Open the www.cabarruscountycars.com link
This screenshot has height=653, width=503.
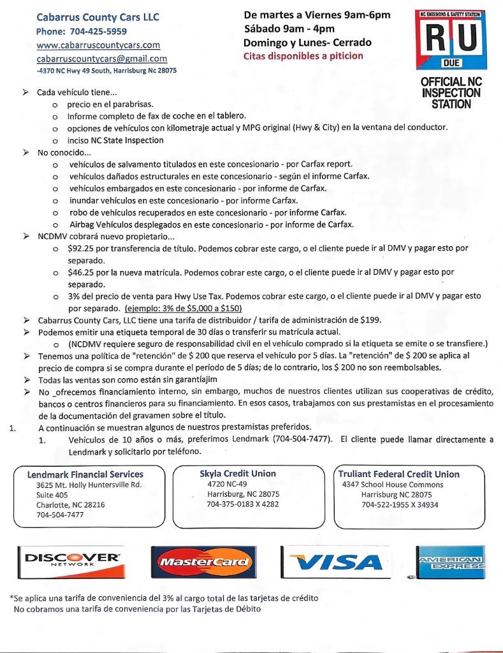(98, 45)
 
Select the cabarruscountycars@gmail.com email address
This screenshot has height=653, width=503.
(101, 59)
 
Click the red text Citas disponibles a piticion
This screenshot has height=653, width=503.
(303, 56)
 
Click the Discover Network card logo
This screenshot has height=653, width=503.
(71, 561)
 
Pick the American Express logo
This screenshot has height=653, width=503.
(450, 561)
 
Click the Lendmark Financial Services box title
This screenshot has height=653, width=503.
(85, 474)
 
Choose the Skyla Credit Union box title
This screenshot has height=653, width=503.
(238, 474)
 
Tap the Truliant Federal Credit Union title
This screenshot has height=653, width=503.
(400, 474)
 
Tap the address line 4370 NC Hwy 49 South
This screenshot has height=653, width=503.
(106, 71)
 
